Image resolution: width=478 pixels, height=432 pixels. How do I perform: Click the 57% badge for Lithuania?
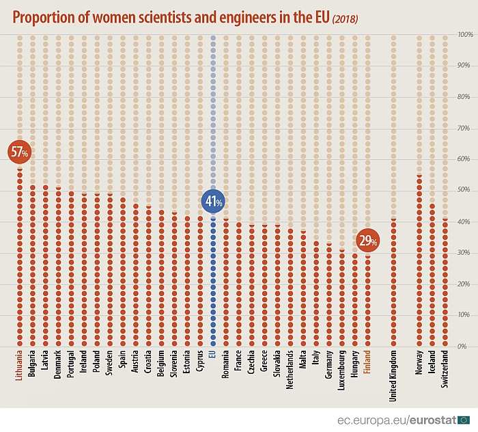(x=19, y=152)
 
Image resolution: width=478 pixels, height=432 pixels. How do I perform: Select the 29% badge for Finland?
(x=367, y=241)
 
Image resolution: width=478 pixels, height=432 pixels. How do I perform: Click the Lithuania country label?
(x=20, y=366)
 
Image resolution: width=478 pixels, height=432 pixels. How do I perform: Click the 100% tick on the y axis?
(x=466, y=34)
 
